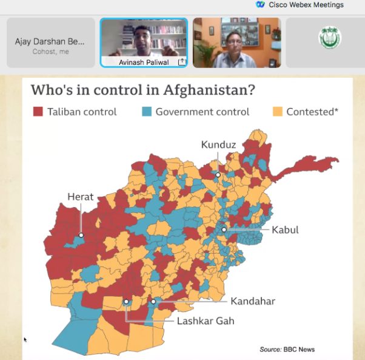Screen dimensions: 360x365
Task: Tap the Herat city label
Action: (x=80, y=197)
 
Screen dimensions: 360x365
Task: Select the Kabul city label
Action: (x=285, y=230)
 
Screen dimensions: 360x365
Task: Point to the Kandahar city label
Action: (x=253, y=301)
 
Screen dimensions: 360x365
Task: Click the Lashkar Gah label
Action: (x=206, y=321)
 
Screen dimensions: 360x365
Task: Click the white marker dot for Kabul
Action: (x=224, y=229)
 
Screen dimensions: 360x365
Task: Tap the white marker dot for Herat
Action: (x=80, y=234)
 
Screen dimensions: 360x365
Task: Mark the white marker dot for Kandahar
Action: (x=153, y=301)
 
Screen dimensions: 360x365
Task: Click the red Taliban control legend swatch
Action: (x=38, y=112)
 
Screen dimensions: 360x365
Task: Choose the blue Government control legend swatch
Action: (x=146, y=112)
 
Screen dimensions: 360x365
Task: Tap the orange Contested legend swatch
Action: (x=277, y=112)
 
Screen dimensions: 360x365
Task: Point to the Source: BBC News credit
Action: (x=287, y=349)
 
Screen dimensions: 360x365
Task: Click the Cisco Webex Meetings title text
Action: (x=306, y=4)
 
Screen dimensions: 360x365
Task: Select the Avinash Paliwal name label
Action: (x=141, y=61)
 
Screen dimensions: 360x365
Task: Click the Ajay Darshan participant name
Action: (x=50, y=42)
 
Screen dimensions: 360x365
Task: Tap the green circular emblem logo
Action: (x=330, y=38)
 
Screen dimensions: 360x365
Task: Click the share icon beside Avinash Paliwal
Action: (x=181, y=62)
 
